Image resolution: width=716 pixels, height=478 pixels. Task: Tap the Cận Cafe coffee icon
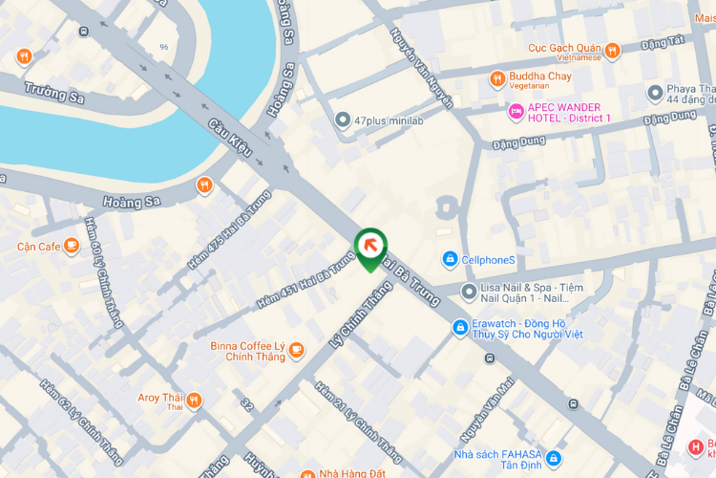point(72,246)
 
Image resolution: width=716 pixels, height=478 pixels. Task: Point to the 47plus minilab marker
point(343,120)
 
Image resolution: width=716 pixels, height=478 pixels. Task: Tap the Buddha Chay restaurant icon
point(496,78)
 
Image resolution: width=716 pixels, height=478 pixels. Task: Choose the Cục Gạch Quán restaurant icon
point(612,50)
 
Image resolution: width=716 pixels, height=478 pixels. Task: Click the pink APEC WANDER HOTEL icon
point(516,112)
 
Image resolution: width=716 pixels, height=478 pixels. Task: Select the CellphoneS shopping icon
point(449,259)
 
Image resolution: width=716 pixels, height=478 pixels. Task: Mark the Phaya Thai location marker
point(655,93)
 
